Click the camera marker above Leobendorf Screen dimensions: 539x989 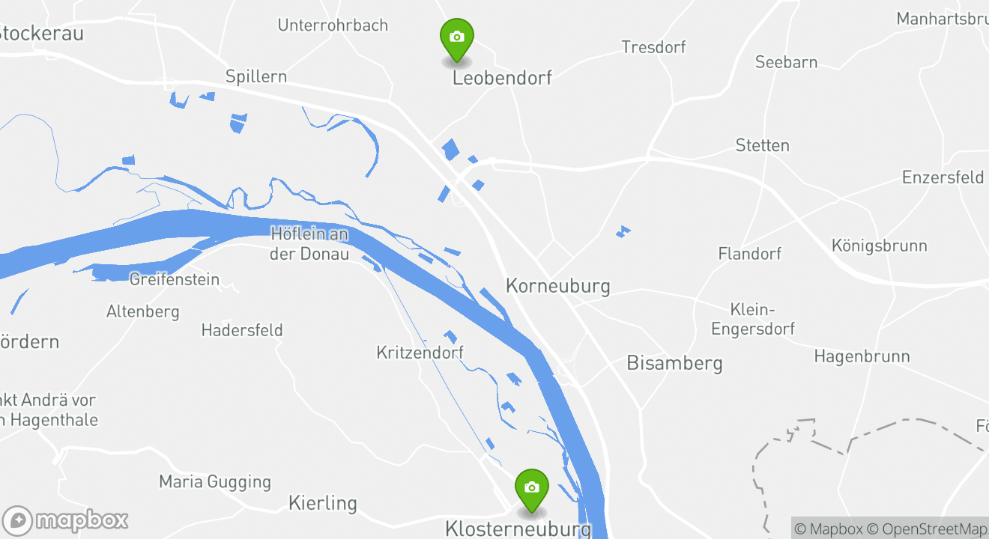pyautogui.click(x=456, y=37)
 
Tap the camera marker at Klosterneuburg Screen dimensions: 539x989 pyautogui.click(x=532, y=488)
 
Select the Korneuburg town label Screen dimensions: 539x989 pyautogui.click(x=557, y=286)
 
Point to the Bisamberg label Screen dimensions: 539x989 pyautogui.click(x=674, y=364)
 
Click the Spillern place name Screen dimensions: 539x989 pyautogui.click(x=256, y=77)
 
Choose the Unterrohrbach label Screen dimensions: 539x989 pyautogui.click(x=333, y=25)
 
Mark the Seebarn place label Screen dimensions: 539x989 pyautogui.click(x=786, y=63)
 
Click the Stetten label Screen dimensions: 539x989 pyautogui.click(x=762, y=146)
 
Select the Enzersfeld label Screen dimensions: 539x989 pyautogui.click(x=943, y=178)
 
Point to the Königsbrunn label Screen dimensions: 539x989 pyautogui.click(x=879, y=246)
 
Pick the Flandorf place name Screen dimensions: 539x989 pyautogui.click(x=749, y=255)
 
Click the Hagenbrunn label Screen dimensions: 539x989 pyautogui.click(x=862, y=357)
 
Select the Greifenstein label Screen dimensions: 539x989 pyautogui.click(x=175, y=280)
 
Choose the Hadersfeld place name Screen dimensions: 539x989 pyautogui.click(x=242, y=330)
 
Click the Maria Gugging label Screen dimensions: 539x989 pyautogui.click(x=214, y=482)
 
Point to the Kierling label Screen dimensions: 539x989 pyautogui.click(x=322, y=504)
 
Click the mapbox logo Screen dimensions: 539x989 pyautogui.click(x=65, y=520)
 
